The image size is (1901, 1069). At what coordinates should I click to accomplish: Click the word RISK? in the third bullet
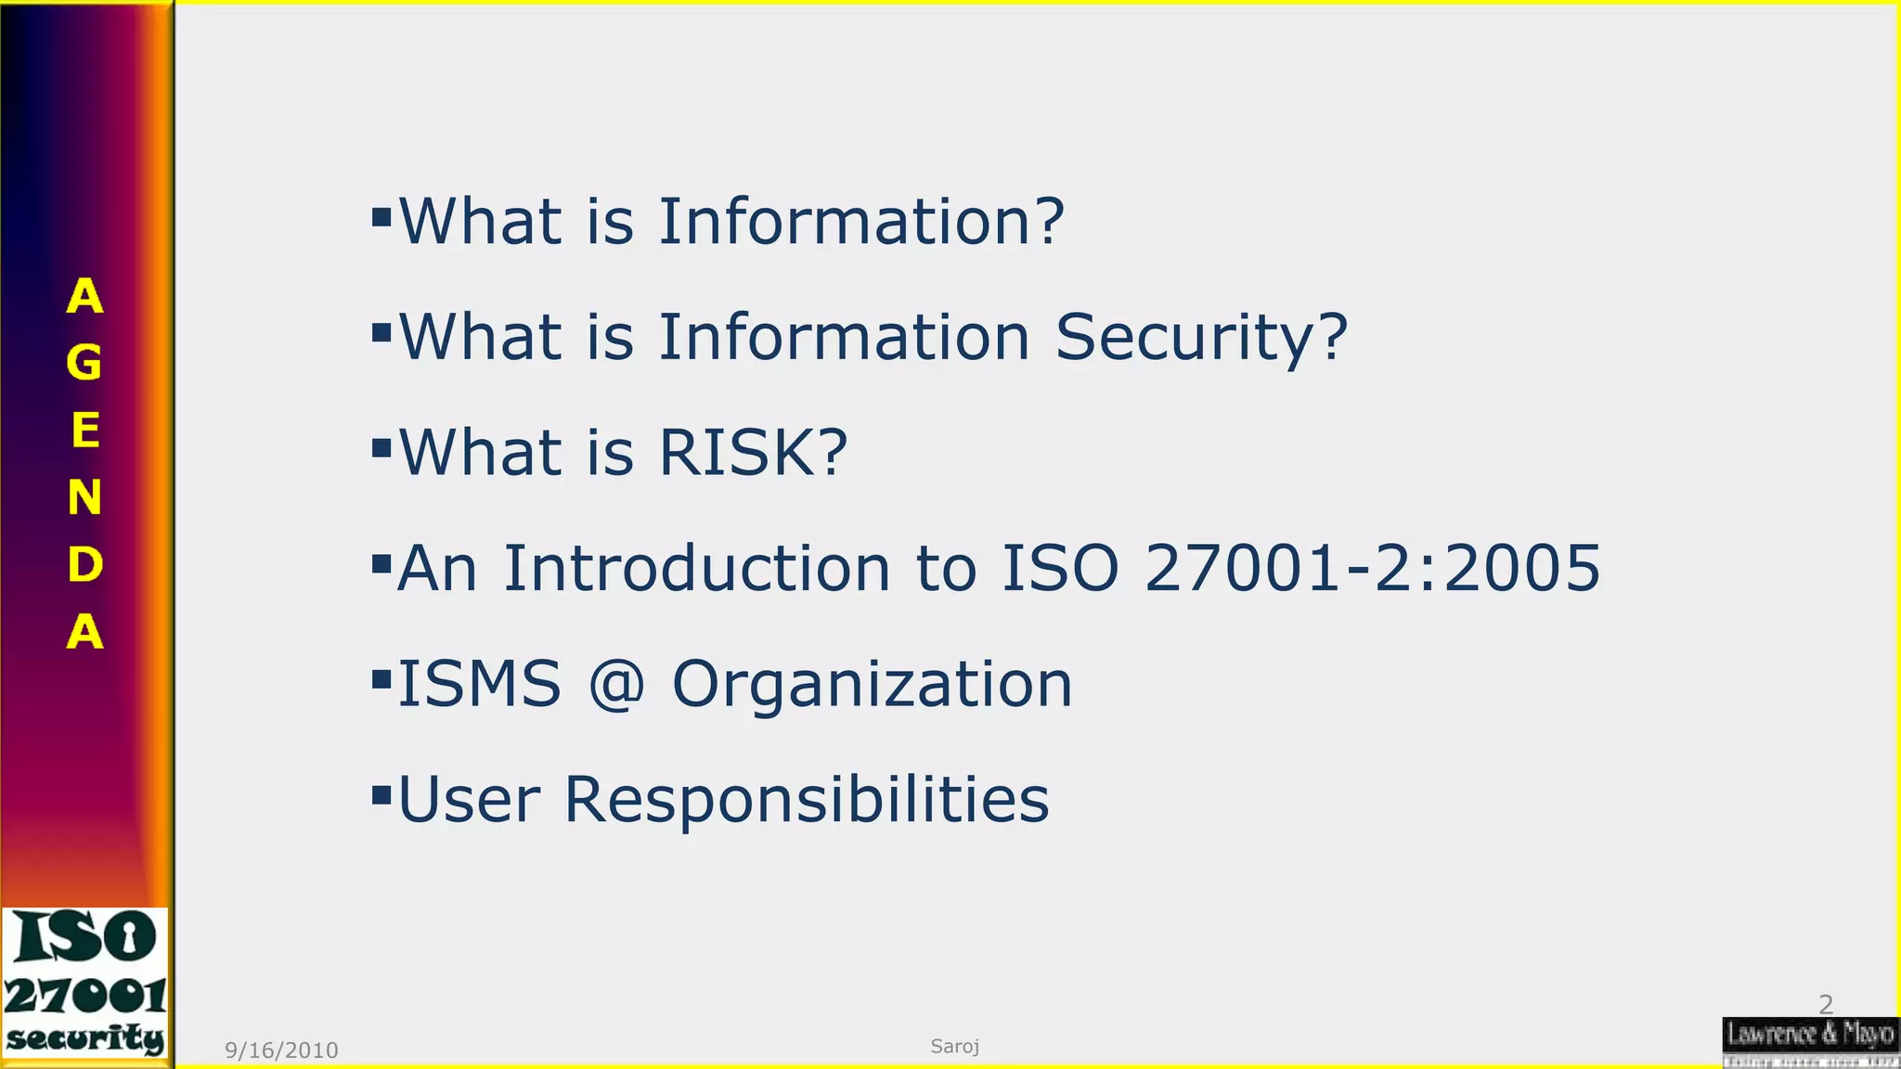(753, 453)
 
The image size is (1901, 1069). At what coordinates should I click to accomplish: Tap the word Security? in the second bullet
(1201, 337)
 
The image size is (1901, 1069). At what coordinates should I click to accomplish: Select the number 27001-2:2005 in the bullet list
(1372, 568)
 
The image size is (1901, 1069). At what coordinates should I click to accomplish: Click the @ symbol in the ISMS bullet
(616, 684)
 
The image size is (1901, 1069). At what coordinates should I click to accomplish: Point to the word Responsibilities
(807, 799)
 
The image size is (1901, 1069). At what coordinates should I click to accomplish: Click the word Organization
(872, 684)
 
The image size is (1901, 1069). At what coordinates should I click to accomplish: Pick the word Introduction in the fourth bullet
(696, 568)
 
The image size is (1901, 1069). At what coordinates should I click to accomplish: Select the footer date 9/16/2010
(281, 1050)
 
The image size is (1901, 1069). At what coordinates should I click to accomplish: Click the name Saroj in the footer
(955, 1047)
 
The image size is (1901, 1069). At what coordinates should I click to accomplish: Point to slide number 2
(1825, 1004)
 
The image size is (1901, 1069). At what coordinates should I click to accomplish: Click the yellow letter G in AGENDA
(84, 363)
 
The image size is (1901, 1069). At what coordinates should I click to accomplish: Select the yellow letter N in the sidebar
(84, 498)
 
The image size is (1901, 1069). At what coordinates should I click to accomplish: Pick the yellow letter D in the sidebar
(84, 565)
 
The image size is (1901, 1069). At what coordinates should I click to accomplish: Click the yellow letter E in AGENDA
(84, 431)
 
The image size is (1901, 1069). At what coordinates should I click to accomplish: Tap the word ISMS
(479, 684)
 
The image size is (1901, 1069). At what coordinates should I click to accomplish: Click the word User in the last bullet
(469, 799)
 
